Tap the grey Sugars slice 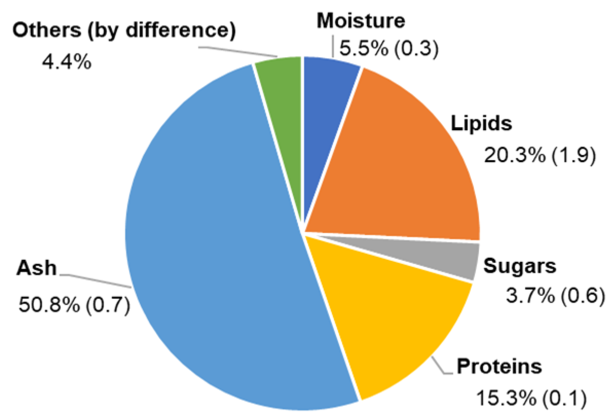pyautogui.click(x=444, y=255)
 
